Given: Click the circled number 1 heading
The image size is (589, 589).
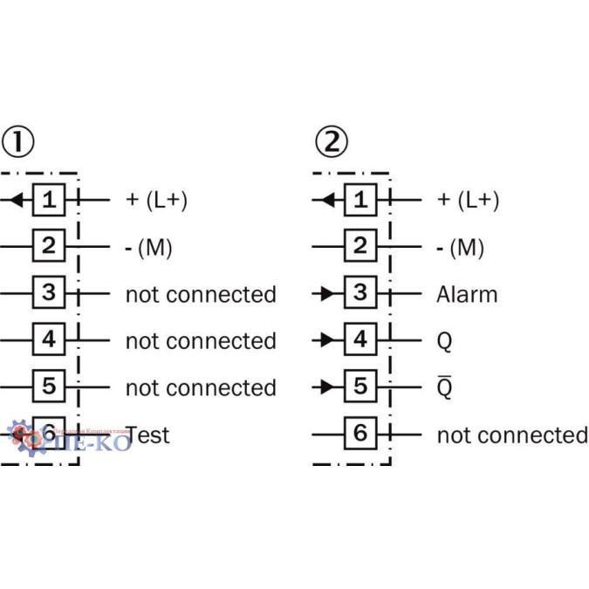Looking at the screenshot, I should [x=18, y=140].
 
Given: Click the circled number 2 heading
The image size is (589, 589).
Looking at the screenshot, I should [x=331, y=140].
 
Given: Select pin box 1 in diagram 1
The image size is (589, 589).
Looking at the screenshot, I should [x=49, y=200].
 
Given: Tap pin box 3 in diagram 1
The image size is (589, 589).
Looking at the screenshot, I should [x=49, y=293].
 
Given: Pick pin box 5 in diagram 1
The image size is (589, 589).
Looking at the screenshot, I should [x=49, y=386].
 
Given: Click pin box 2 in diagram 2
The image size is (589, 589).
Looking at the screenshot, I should [x=360, y=247].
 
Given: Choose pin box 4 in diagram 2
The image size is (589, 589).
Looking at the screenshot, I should [x=360, y=339].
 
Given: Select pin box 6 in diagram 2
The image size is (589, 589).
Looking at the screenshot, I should [x=360, y=433].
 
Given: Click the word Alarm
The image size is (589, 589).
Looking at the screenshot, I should [x=467, y=294].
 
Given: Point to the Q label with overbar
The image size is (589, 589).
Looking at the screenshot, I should [x=444, y=387].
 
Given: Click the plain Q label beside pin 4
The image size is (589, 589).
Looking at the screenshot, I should [x=444, y=341].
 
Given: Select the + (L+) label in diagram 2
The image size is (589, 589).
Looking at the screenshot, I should [x=468, y=200].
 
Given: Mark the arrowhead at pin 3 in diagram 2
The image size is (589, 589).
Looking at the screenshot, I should [x=328, y=293].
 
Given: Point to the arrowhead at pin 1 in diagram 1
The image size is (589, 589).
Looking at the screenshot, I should [x=16, y=200].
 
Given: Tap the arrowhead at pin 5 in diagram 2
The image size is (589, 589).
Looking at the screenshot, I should [x=328, y=386].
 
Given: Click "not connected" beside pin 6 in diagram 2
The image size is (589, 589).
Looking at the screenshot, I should [x=512, y=434].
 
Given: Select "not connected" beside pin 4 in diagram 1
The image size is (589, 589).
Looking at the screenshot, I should [x=201, y=340].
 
